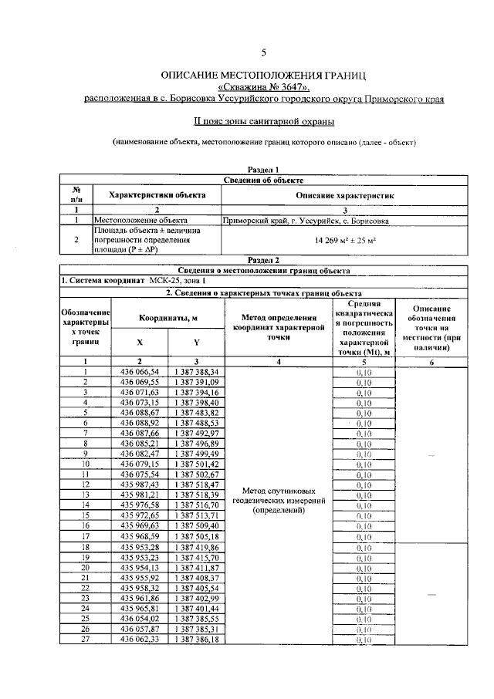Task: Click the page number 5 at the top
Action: pos(263,52)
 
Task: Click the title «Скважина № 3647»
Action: pos(263,88)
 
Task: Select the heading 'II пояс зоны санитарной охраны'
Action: pos(263,121)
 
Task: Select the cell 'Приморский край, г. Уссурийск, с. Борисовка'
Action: pos(306,221)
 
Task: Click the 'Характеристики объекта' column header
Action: pos(157,195)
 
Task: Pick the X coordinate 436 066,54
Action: pos(140,371)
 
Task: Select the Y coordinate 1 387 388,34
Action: pos(197,371)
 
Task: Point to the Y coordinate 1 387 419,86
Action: pos(197,546)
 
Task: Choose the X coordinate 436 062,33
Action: pos(140,639)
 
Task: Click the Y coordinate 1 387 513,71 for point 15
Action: pos(197,514)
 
